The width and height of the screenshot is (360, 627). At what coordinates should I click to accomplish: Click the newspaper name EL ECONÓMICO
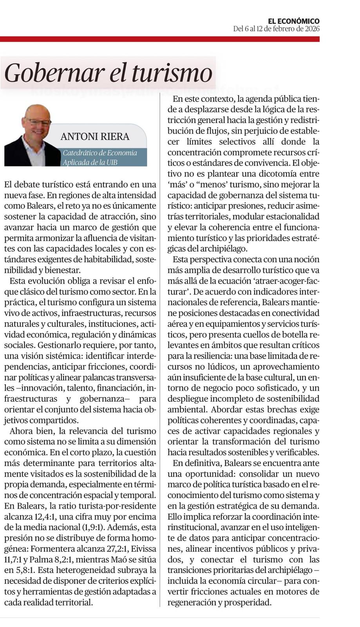[x=293, y=21]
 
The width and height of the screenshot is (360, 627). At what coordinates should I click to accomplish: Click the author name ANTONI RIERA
[x=95, y=136]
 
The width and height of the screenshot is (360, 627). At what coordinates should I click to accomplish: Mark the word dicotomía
[x=277, y=174]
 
